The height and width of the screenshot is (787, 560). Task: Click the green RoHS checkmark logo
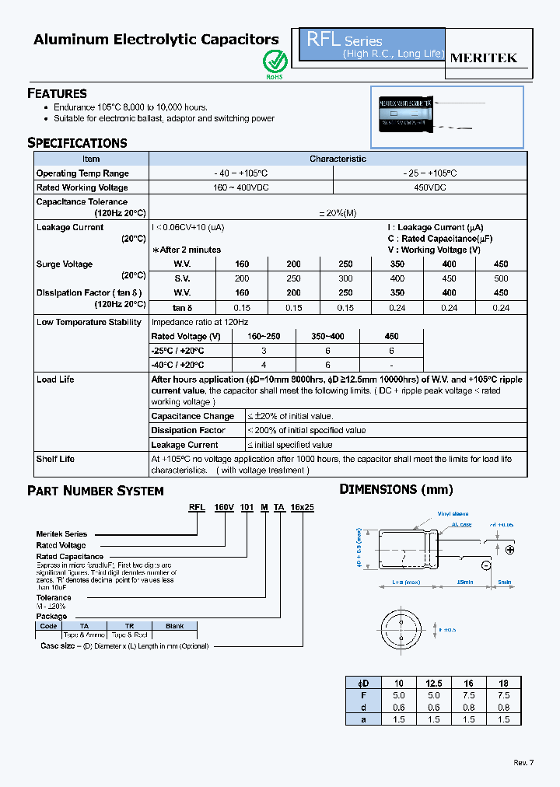pos(275,61)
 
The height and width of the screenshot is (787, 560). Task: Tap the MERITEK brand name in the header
pos(484,58)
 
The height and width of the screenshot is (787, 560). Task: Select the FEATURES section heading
pos(57,93)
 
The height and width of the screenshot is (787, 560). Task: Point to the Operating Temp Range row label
pos(82,173)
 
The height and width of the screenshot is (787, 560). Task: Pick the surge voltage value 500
pos(501,278)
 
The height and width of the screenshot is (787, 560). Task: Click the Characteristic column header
pos(338,159)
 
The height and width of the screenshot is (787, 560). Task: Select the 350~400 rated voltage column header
pos(327,336)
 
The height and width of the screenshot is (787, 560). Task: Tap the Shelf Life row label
pos(55,459)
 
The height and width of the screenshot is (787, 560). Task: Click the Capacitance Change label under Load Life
pos(192,416)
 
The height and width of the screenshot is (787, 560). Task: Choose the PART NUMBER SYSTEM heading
pos(96,491)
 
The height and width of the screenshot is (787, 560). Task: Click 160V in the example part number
pos(224,507)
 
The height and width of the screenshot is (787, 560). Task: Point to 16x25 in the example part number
pos(302,507)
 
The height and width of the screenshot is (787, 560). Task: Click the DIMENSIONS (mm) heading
pos(396,489)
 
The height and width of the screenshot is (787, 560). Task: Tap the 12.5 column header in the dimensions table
pos(433,682)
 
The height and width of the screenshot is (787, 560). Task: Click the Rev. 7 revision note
pos(523,762)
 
